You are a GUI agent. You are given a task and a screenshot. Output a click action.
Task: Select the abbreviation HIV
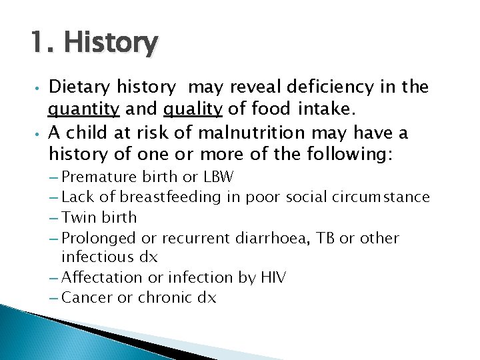[x=272, y=277]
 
